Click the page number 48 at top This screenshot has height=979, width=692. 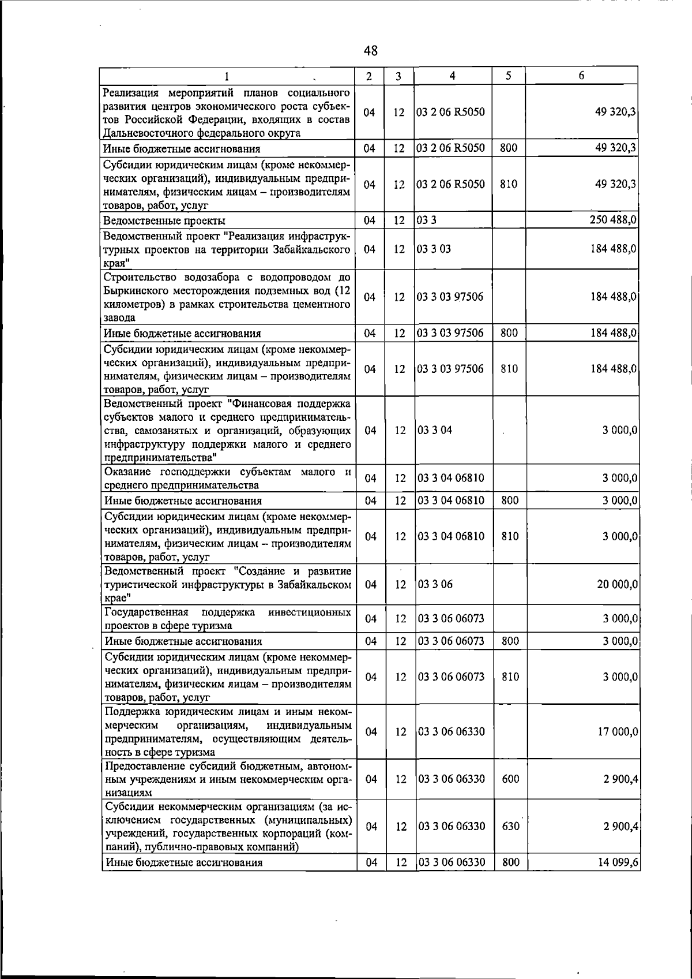(371, 51)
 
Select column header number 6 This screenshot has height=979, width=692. (582, 76)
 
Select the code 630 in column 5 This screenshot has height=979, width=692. (510, 826)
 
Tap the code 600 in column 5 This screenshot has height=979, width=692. (510, 779)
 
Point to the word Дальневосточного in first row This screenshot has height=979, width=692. (149, 133)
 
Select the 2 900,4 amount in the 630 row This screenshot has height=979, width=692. (620, 826)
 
